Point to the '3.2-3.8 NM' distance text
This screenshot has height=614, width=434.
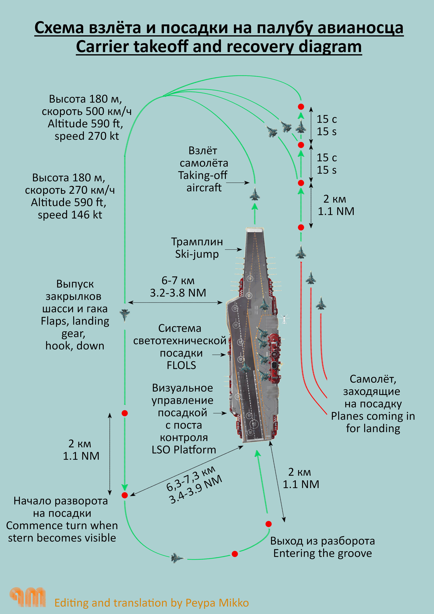178,293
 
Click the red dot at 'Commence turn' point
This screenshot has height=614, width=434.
125,495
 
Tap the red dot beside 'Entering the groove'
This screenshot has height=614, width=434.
269,524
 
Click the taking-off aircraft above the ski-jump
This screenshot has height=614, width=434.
255,194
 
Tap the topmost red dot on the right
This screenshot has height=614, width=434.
301,107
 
